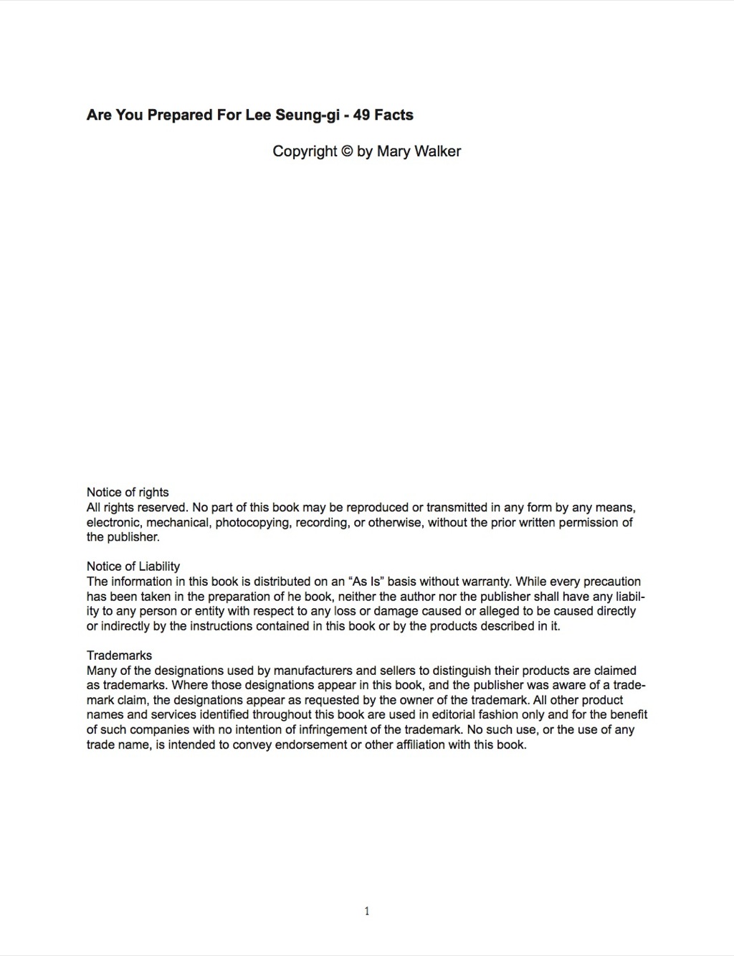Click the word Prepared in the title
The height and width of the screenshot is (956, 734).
(180, 115)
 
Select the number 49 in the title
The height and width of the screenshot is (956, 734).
(362, 115)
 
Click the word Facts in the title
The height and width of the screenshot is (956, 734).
(394, 115)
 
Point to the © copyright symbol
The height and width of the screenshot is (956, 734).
(347, 151)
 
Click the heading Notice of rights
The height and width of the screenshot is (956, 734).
(128, 492)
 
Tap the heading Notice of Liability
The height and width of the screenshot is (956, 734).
(133, 567)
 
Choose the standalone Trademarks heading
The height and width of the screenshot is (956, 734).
(119, 656)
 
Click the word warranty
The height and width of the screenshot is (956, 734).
(485, 582)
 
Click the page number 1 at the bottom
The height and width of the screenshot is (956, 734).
(367, 912)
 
